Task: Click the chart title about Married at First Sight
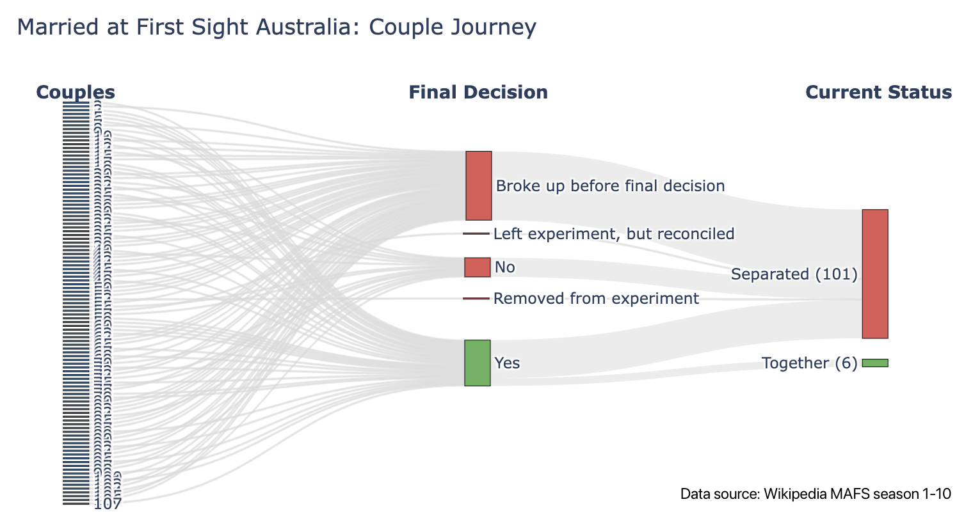276,28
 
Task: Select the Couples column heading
76,92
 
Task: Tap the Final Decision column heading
478,92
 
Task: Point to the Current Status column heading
878,92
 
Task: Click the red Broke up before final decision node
478,185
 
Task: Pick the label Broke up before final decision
610,186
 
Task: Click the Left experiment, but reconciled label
613,234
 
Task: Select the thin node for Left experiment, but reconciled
476,233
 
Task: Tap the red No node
477,267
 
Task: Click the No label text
504,267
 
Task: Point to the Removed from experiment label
596,299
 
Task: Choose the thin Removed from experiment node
476,299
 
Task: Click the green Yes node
477,363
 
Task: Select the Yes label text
507,363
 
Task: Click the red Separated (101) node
875,274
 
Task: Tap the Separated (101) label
794,274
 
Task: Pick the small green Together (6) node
875,363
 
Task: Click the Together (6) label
809,363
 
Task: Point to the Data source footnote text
816,494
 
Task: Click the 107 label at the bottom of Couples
108,504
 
